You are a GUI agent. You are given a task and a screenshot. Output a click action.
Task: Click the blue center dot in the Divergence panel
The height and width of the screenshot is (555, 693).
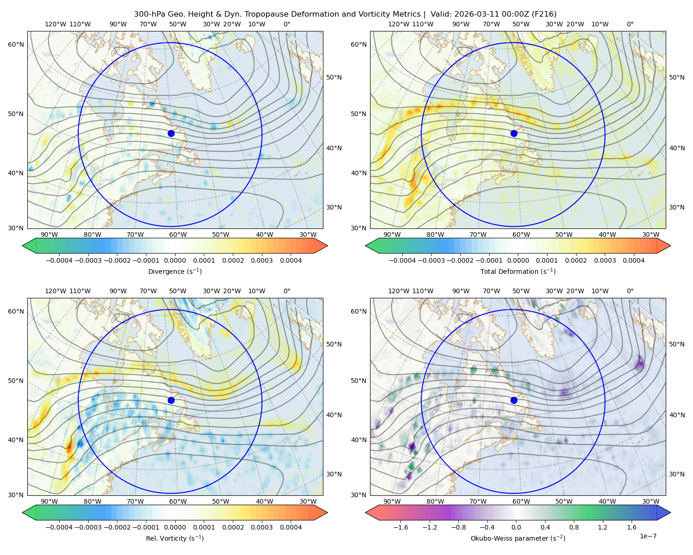(x=171, y=133)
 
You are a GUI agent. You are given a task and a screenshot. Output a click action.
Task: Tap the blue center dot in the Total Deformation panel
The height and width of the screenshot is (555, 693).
(x=514, y=133)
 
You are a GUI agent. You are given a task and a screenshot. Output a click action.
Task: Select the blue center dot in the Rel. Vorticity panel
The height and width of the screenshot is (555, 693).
(x=171, y=400)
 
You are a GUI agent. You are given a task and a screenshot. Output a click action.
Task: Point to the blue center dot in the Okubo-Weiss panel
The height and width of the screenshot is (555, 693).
(x=514, y=400)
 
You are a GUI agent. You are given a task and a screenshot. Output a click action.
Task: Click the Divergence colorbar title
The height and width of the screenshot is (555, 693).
(x=175, y=271)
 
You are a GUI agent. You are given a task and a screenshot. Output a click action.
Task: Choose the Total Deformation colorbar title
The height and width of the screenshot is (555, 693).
(x=518, y=271)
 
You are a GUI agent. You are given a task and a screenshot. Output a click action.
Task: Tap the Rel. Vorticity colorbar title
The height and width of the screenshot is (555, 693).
(x=175, y=538)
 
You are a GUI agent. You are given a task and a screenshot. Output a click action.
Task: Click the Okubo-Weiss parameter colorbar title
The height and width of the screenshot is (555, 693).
(x=518, y=538)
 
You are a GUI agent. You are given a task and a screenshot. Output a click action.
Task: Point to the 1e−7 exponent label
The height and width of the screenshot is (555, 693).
(x=648, y=536)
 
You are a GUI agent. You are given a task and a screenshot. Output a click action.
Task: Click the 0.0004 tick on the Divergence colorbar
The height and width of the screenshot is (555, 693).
(x=291, y=260)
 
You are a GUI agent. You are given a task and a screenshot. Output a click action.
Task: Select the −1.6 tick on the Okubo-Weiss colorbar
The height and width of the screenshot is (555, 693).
(x=401, y=527)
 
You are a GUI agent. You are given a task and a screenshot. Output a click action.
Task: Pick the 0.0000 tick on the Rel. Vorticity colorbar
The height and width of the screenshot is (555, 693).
(x=175, y=527)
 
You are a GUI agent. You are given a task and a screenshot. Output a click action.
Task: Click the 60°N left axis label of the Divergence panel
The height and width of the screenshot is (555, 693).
(x=16, y=44)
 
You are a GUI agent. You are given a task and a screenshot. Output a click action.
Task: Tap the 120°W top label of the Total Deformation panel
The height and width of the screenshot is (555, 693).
(x=399, y=24)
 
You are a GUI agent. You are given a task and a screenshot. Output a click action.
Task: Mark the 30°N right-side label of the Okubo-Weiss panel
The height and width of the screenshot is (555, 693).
(x=677, y=474)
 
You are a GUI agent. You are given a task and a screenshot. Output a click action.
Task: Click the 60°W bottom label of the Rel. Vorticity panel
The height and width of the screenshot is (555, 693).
(x=178, y=501)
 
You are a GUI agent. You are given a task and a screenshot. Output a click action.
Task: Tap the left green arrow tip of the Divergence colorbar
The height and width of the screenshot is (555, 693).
(x=23, y=246)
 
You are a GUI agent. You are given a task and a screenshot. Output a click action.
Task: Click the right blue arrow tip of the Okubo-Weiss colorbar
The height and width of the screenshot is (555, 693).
(x=670, y=512)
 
